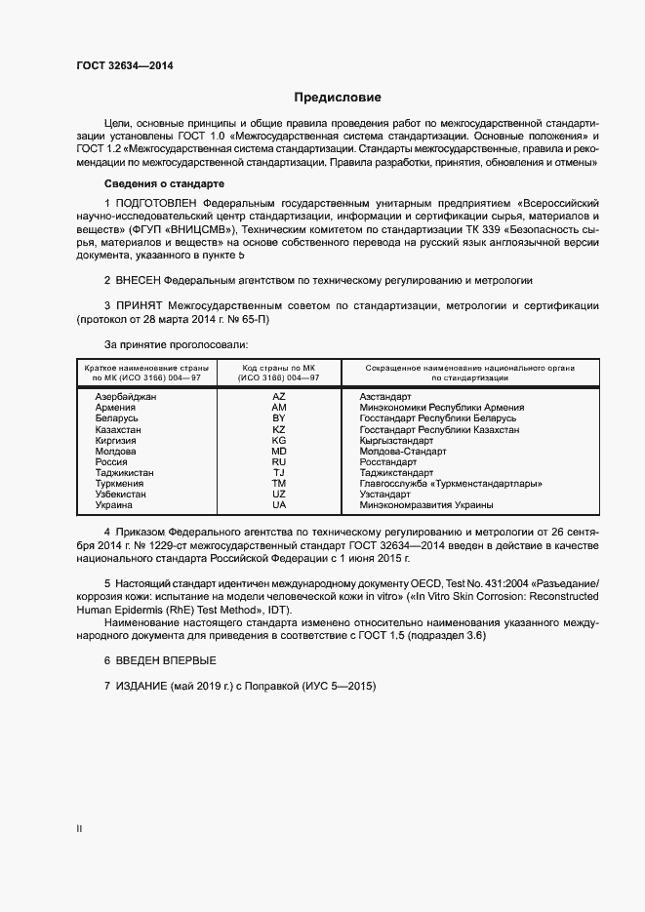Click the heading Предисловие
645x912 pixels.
[x=337, y=98]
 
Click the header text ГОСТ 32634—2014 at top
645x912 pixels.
[x=126, y=67]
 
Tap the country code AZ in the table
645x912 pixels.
[x=279, y=397]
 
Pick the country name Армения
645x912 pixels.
[x=116, y=408]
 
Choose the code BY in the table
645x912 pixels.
[x=279, y=418]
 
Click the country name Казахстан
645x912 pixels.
[x=118, y=429]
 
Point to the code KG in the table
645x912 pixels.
[x=279, y=440]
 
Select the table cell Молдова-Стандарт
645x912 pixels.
[x=402, y=452]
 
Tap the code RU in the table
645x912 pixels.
[x=279, y=462]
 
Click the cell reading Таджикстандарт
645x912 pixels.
[x=400, y=473]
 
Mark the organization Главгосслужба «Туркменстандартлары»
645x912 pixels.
[x=451, y=484]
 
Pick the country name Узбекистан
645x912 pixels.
[x=121, y=495]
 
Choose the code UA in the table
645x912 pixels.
[x=279, y=505]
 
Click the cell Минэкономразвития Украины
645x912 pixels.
[x=425, y=505]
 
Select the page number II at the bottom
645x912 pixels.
[x=79, y=829]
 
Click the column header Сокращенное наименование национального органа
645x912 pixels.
[x=469, y=368]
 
